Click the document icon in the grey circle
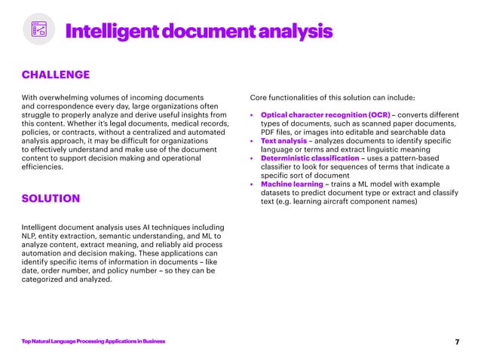click(x=38, y=29)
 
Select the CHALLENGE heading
click(x=56, y=75)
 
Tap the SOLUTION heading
click(x=51, y=199)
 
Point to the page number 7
click(x=457, y=342)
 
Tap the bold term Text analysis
click(x=283, y=141)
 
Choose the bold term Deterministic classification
click(x=310, y=158)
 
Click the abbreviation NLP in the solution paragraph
click(x=30, y=236)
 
